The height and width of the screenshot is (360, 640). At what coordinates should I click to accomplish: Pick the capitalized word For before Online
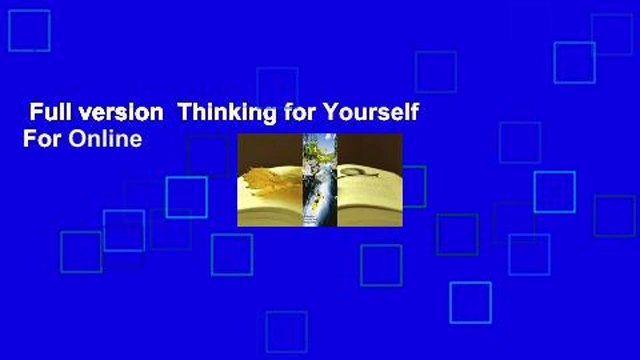point(39,139)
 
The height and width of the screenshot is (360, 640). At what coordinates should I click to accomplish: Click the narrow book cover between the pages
point(320,180)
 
